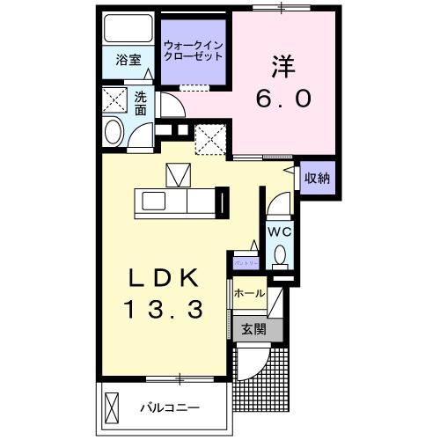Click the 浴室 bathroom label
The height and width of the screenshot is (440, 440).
128,60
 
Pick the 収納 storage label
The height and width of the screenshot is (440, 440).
317,178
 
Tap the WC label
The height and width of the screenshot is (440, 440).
279,231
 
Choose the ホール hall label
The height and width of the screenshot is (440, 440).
249,293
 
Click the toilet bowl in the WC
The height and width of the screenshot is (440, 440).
279,255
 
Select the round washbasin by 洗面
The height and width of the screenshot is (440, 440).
114,132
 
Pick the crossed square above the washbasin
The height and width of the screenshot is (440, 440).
114,98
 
